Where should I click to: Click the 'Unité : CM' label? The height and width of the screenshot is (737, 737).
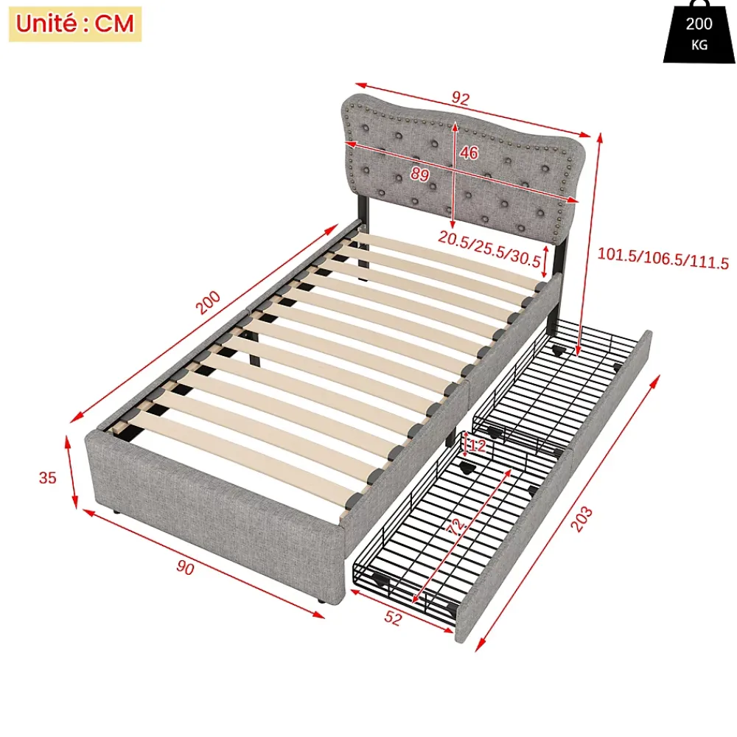[x=75, y=24]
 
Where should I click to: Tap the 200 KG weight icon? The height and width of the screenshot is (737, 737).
[x=699, y=32]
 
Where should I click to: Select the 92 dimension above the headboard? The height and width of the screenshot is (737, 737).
[x=461, y=98]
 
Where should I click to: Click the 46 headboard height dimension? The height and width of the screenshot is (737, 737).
[x=469, y=153]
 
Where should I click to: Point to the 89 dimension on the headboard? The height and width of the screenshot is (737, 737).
[x=420, y=175]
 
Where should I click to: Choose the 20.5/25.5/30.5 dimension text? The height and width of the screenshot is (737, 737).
[x=489, y=248]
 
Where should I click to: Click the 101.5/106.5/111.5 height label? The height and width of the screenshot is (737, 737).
[x=663, y=259]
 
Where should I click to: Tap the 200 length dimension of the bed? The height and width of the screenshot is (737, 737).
[x=208, y=302]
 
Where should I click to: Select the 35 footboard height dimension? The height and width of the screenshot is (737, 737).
[x=47, y=478]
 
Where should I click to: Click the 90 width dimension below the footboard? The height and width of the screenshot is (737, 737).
[x=185, y=567]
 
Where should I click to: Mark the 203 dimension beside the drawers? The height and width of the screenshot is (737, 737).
[x=581, y=519]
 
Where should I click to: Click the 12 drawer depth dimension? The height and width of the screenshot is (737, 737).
[x=477, y=446]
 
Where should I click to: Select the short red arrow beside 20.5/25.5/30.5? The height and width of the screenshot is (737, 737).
[x=545, y=262]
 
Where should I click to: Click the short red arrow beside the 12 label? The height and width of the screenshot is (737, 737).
[x=465, y=444]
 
